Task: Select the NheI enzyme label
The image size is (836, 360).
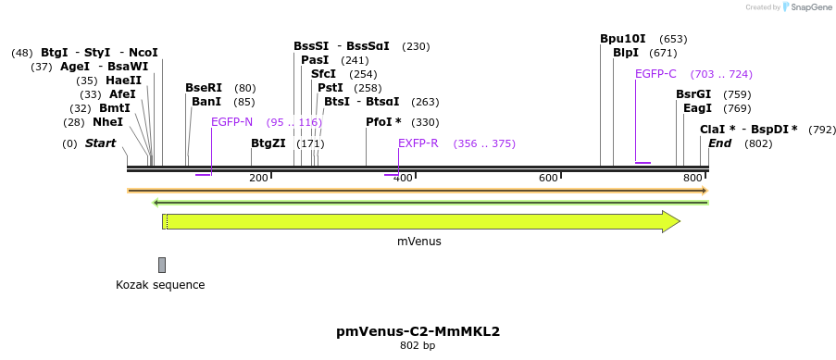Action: [x=107, y=121]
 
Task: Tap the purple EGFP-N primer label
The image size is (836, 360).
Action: [x=231, y=122]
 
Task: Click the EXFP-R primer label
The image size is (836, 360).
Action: [x=418, y=143]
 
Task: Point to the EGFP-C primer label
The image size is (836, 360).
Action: [x=655, y=74]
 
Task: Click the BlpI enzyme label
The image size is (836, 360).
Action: [x=626, y=53]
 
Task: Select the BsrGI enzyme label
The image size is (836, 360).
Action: [x=693, y=94]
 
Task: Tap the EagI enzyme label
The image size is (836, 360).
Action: [x=697, y=108]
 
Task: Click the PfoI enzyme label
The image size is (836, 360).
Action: [x=383, y=122]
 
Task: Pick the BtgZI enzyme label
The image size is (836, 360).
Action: [x=268, y=143]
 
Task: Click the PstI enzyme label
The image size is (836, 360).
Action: [x=331, y=88]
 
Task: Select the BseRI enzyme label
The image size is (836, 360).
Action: [x=204, y=88]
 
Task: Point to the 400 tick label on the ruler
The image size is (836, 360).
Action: [x=403, y=178]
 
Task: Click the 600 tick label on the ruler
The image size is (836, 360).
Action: [x=548, y=178]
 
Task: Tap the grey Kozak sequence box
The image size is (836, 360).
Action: [x=162, y=265]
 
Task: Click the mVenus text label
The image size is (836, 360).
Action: [x=419, y=242]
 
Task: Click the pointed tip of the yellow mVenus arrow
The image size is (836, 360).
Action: [x=679, y=221]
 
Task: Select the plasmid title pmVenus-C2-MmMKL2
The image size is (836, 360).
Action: [x=418, y=330]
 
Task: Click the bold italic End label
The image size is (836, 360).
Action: [x=719, y=143]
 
